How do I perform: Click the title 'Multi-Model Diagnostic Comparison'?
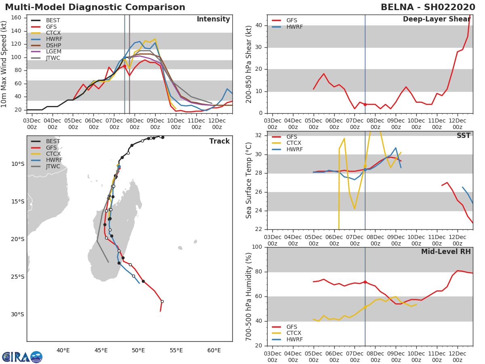tap(95, 7)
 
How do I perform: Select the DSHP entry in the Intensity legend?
tap(53, 45)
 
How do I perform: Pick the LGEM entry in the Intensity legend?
tap(53, 51)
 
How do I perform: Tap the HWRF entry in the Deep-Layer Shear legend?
tap(294, 27)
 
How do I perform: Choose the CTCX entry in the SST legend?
tap(293, 143)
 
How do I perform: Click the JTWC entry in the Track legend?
tap(53, 166)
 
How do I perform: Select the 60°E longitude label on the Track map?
tap(214, 350)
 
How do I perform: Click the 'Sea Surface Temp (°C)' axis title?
tap(249, 180)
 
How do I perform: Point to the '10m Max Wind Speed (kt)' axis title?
tap(4, 64)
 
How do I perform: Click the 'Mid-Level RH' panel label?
tap(446, 252)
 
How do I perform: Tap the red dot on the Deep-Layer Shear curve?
tap(365, 104)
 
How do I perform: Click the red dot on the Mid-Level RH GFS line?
tap(365, 282)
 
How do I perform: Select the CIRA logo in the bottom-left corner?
tap(22, 357)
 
